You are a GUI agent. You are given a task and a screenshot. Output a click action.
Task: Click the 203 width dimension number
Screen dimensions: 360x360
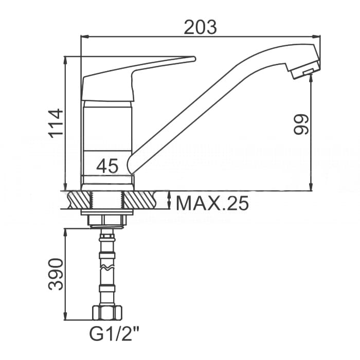pos(200,27)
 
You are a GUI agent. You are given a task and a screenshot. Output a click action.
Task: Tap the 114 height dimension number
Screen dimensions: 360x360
pos(56,123)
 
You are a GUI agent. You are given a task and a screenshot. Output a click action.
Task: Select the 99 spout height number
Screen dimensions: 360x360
pos(301,124)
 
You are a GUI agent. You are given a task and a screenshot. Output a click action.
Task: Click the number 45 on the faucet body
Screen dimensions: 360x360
pos(107,166)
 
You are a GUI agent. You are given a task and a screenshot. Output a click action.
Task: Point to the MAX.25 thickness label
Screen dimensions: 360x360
pos(212,203)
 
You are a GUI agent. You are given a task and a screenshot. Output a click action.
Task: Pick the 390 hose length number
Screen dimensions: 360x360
pos(56,274)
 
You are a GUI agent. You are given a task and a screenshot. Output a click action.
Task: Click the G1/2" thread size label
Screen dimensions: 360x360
pos(114,334)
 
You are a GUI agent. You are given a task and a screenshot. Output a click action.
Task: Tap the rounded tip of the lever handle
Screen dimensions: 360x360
pos(193,59)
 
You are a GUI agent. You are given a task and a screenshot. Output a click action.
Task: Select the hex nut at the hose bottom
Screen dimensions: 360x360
pos(107,312)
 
